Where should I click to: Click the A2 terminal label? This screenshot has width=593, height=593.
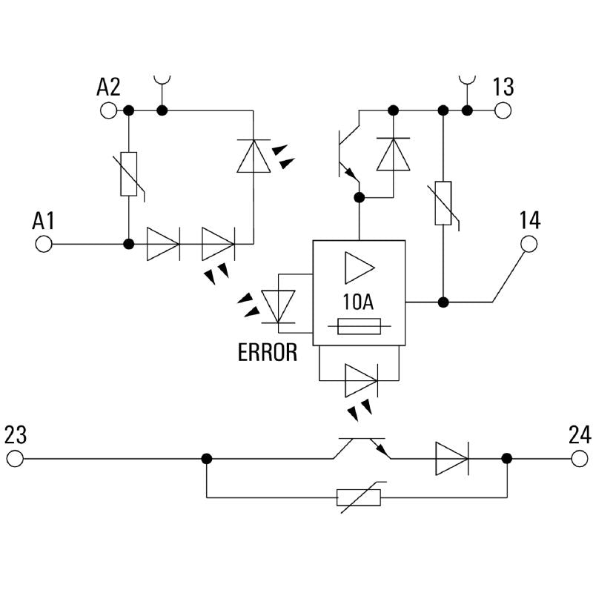pyautogui.click(x=108, y=87)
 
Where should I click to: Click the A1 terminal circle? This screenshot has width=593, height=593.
pyautogui.click(x=44, y=244)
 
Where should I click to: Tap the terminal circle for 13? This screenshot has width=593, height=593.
pyautogui.click(x=503, y=111)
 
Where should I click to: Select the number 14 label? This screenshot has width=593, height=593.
pyautogui.click(x=529, y=220)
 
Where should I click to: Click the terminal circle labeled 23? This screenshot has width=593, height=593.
pyautogui.click(x=15, y=459)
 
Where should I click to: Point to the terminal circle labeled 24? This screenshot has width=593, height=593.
pyautogui.click(x=580, y=459)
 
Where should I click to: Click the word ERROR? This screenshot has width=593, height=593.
pyautogui.click(x=268, y=353)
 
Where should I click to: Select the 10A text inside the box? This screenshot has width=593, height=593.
pyautogui.click(x=359, y=302)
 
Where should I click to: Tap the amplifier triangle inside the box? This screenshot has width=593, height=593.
pyautogui.click(x=359, y=268)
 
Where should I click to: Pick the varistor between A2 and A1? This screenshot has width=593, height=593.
pyautogui.click(x=129, y=175)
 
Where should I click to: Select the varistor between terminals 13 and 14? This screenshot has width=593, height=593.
pyautogui.click(x=443, y=202)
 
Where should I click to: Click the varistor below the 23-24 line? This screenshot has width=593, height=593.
pyautogui.click(x=359, y=497)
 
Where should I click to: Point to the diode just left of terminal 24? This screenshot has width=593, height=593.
pyautogui.click(x=451, y=459)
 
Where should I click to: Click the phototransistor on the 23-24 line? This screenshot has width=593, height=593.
pyautogui.click(x=362, y=448)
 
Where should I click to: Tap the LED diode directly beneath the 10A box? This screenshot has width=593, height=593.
pyautogui.click(x=360, y=381)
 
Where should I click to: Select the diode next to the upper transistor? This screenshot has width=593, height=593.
pyautogui.click(x=393, y=154)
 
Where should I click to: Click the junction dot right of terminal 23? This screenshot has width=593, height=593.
pyautogui.click(x=207, y=459)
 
